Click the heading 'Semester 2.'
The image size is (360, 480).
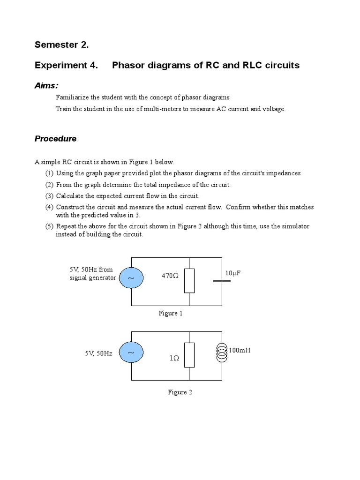(61, 45)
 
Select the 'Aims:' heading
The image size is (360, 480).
(46, 85)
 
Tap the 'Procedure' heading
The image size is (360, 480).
(55, 139)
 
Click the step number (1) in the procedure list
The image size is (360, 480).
(49, 173)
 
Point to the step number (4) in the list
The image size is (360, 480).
(49, 207)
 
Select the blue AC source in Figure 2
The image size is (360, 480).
(131, 353)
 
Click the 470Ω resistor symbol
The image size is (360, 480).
(189, 280)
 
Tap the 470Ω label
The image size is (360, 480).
(170, 276)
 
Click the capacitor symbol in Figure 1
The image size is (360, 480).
(222, 281)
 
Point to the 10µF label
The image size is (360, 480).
(233, 273)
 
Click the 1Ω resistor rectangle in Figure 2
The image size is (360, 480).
(189, 355)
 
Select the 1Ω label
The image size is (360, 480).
(174, 358)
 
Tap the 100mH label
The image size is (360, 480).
(240, 350)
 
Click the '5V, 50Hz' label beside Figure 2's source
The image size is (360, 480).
(99, 353)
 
